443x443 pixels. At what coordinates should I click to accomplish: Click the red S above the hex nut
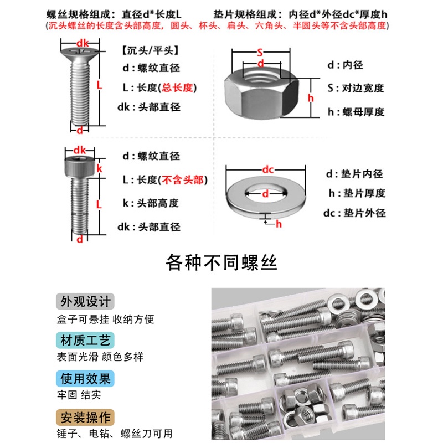[x=260, y=53]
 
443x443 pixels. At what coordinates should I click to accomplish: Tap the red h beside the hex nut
[x=311, y=98]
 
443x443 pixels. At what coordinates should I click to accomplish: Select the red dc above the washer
[x=268, y=169]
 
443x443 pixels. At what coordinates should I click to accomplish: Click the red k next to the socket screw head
[x=99, y=169]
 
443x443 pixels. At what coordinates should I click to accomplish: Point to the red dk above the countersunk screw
[x=83, y=43]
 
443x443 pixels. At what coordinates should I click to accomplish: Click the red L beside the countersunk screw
[x=99, y=85]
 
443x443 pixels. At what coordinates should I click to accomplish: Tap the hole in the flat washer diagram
[x=266, y=193]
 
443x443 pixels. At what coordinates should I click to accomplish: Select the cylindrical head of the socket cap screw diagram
[x=80, y=168]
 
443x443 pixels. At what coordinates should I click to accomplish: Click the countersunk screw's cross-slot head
[x=80, y=51]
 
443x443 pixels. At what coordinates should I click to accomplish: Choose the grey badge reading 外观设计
[x=85, y=301]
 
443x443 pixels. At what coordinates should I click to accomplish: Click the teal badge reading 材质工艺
[x=85, y=341]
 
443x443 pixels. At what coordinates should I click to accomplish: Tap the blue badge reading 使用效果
[x=85, y=379]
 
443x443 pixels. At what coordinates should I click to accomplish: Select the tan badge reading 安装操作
[x=85, y=418]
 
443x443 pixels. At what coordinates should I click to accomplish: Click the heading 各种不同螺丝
[x=221, y=262]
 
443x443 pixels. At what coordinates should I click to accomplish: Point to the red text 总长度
[x=177, y=87]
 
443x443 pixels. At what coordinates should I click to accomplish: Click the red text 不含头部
[x=183, y=179]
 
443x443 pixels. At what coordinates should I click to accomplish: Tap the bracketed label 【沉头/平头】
[x=150, y=50]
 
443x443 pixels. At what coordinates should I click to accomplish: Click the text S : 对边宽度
[x=356, y=88]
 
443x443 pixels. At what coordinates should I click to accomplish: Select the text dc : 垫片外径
[x=354, y=213]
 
